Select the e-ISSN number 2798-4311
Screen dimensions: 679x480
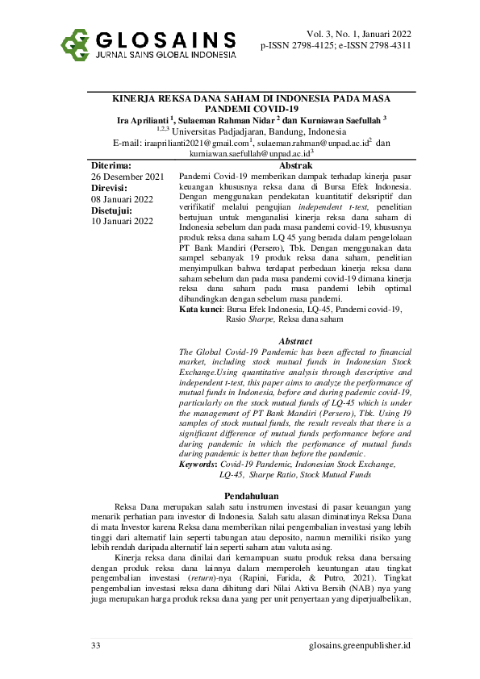point(387,47)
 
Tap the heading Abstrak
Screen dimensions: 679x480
point(295,165)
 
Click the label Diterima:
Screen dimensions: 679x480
point(111,165)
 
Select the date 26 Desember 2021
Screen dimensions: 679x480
point(127,176)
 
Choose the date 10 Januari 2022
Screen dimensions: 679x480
point(122,220)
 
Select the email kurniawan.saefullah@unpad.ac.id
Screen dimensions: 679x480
point(249,153)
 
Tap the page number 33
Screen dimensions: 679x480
point(96,646)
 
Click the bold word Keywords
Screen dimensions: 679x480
point(198,464)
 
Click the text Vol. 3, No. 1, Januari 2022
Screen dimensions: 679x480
point(359,34)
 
